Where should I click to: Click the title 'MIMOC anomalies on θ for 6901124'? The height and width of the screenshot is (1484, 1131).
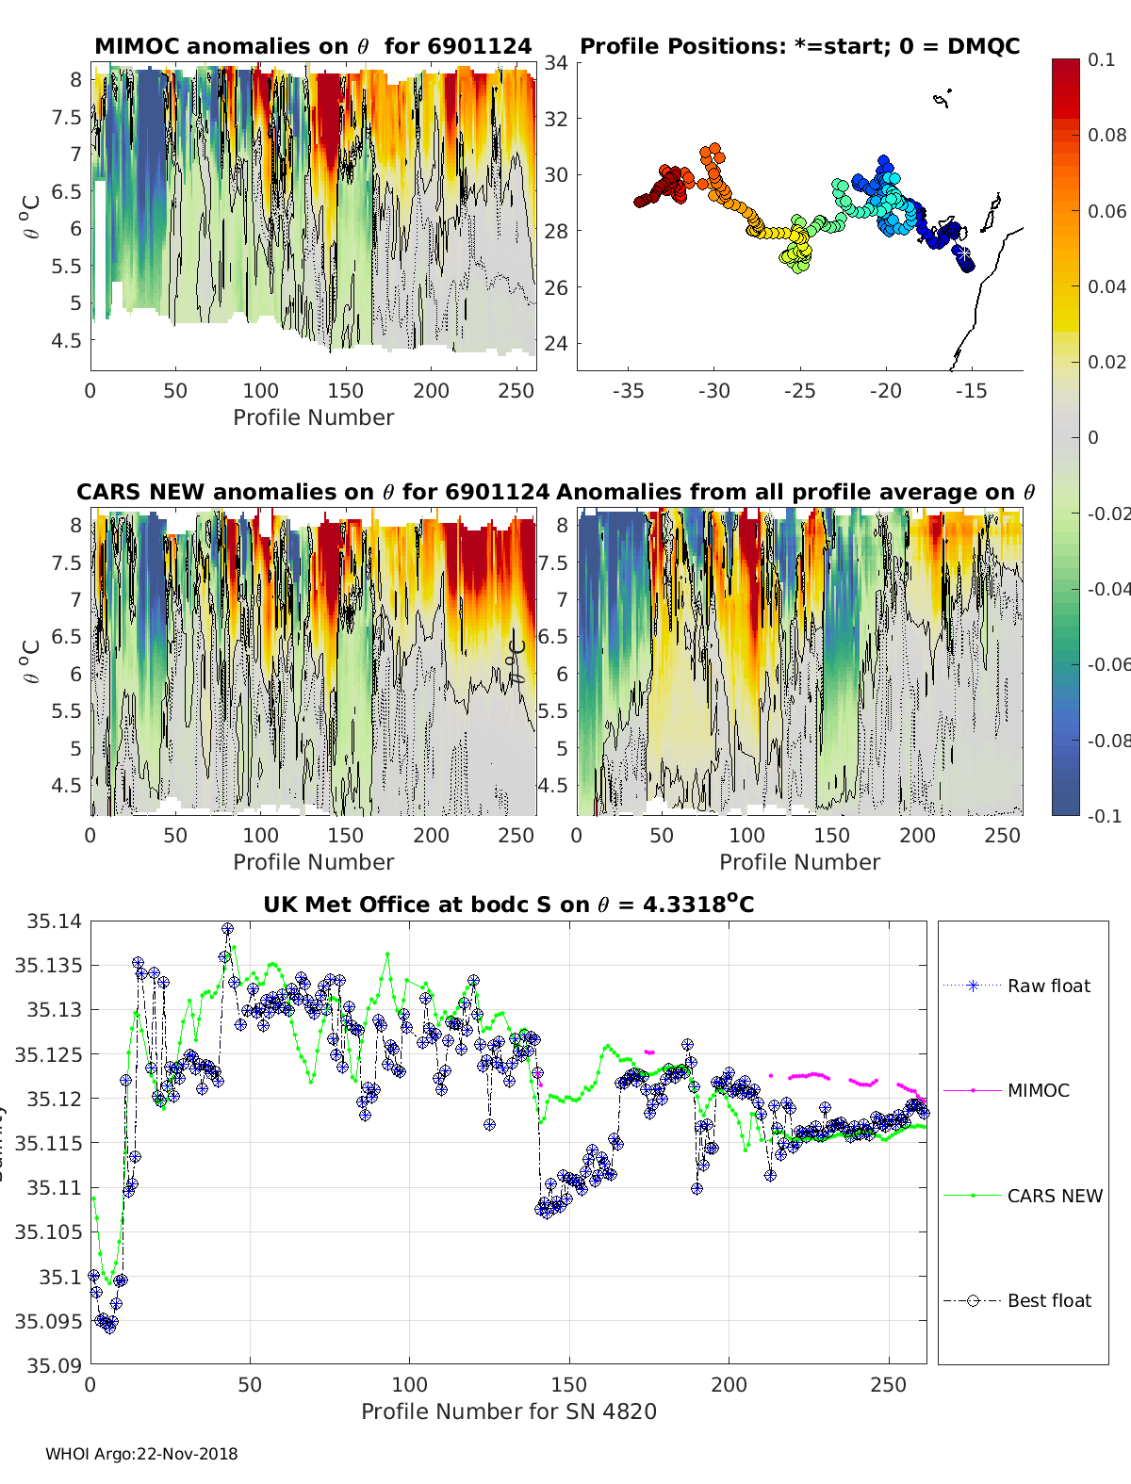pyautogui.click(x=313, y=46)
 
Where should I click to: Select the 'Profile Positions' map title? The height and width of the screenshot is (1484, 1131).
pyautogui.click(x=799, y=46)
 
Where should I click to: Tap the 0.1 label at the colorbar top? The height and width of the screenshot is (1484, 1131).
pyautogui.click(x=1101, y=59)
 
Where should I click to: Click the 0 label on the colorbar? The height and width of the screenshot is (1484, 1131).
pyautogui.click(x=1093, y=437)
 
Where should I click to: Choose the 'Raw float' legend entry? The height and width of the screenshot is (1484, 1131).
pyautogui.click(x=1048, y=986)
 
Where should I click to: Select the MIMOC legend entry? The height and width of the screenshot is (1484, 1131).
pyautogui.click(x=1038, y=1090)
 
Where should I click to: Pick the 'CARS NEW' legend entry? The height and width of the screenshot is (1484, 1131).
pyautogui.click(x=1055, y=1196)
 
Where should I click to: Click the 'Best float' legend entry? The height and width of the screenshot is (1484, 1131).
pyautogui.click(x=1049, y=1300)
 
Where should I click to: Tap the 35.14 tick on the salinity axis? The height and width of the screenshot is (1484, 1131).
pyautogui.click(x=47, y=921)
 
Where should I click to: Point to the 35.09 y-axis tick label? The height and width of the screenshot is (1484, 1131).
pyautogui.click(x=47, y=1365)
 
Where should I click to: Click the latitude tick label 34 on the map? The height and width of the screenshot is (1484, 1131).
pyautogui.click(x=556, y=63)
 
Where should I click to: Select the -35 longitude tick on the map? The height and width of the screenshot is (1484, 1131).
pyautogui.click(x=628, y=391)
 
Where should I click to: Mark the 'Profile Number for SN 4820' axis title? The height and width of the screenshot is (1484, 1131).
pyautogui.click(x=508, y=1411)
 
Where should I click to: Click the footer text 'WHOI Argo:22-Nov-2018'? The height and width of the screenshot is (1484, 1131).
pyautogui.click(x=141, y=1454)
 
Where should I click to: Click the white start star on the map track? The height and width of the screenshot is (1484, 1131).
pyautogui.click(x=961, y=253)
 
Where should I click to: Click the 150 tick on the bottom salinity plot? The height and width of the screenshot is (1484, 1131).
pyautogui.click(x=569, y=1384)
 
